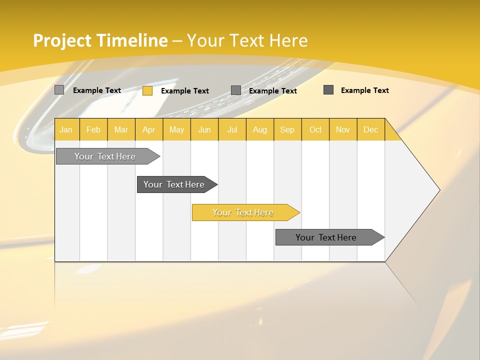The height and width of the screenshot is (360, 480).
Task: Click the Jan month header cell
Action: click(66, 129)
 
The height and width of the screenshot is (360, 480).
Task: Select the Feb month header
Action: click(93, 129)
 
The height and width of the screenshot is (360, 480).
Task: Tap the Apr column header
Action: click(149, 129)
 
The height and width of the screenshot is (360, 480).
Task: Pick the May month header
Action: click(176, 129)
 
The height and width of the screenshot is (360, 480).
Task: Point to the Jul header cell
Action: click(232, 129)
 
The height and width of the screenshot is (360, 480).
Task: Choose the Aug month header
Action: click(260, 129)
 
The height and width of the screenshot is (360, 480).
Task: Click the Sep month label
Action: click(287, 129)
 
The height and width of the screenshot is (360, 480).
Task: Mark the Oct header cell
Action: click(315, 129)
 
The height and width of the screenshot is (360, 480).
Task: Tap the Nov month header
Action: click(343, 129)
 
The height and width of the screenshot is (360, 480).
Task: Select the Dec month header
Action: click(371, 129)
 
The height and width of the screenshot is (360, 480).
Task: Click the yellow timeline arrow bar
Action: click(243, 212)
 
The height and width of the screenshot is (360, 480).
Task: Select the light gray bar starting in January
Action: click(105, 156)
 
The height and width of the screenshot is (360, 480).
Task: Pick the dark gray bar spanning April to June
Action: click(174, 184)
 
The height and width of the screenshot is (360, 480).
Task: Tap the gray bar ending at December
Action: click(326, 237)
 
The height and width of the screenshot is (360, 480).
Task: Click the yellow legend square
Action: click(147, 90)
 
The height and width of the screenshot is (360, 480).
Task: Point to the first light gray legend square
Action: click(59, 90)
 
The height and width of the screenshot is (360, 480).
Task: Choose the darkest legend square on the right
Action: click(328, 90)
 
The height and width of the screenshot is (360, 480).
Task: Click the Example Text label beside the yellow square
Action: click(185, 91)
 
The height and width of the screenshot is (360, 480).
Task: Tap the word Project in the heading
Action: click(62, 40)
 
